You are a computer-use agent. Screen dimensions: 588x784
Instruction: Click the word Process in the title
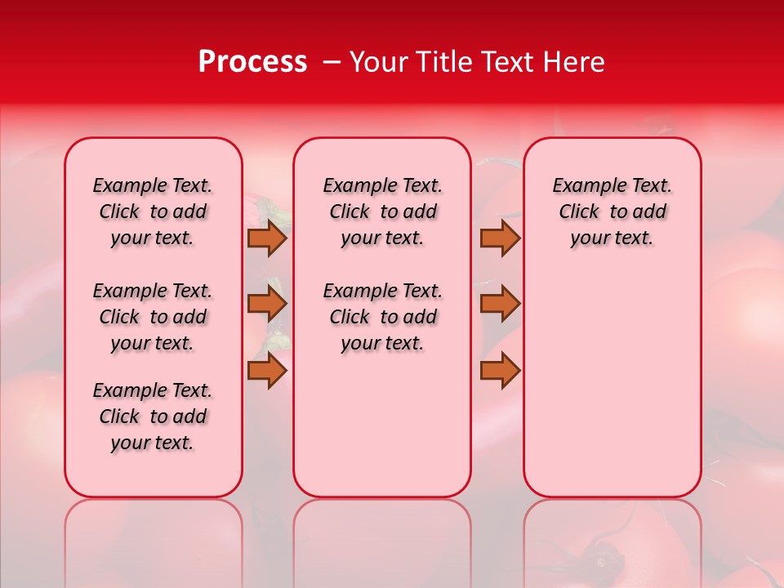[x=252, y=62]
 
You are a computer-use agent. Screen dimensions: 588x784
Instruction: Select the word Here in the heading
[x=575, y=62]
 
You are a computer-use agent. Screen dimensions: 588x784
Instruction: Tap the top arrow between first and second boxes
[x=267, y=238]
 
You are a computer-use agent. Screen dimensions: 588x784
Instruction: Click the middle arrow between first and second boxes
[x=267, y=304]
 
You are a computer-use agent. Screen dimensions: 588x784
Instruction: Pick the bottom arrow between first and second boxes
[x=267, y=371]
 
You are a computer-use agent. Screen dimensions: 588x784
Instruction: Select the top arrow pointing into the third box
[x=500, y=238]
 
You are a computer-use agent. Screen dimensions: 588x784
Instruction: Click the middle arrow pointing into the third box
[x=500, y=304]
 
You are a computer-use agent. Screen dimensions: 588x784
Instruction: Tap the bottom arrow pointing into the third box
[x=500, y=371]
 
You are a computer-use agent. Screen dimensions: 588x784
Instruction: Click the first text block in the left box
[x=153, y=212]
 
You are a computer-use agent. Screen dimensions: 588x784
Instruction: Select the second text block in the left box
[x=153, y=317]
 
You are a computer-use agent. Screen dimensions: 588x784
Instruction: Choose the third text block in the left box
[x=153, y=416]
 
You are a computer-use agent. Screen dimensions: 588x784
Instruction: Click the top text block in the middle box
[x=382, y=212]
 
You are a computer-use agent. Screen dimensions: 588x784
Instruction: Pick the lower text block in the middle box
[x=382, y=317]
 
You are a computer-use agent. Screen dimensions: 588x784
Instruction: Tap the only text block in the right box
[x=612, y=212]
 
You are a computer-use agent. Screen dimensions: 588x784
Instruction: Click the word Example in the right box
[x=581, y=185]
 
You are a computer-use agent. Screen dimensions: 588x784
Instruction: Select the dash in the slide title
[x=332, y=62]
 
